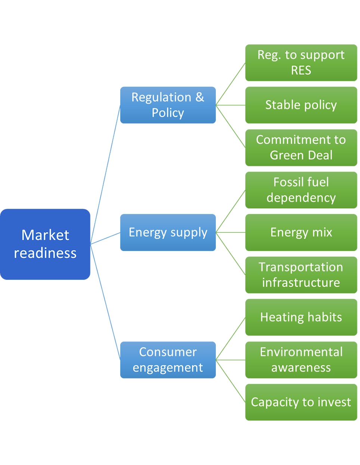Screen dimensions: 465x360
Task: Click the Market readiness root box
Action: click(45, 244)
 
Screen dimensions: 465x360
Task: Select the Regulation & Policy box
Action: click(168, 105)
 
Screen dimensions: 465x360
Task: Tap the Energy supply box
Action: click(168, 232)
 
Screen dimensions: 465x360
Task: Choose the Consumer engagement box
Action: click(168, 360)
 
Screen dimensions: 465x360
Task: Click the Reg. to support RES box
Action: click(301, 62)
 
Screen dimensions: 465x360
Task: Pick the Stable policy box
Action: click(301, 105)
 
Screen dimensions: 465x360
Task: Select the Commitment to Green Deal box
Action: click(301, 148)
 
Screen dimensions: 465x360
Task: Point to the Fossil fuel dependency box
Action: click(301, 190)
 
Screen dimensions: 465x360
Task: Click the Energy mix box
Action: click(301, 232)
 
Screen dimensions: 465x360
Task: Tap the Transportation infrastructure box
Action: click(301, 275)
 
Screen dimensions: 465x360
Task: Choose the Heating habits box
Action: click(301, 317)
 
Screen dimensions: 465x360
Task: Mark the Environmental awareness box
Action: click(301, 360)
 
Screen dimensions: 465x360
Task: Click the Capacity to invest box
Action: click(301, 402)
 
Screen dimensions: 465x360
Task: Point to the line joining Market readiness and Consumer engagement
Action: click(105, 303)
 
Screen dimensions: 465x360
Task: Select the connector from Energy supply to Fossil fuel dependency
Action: click(230, 211)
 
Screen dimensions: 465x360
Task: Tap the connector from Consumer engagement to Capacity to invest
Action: click(230, 381)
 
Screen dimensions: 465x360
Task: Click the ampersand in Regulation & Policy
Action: click(200, 97)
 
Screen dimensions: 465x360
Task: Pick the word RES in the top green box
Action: click(301, 70)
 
